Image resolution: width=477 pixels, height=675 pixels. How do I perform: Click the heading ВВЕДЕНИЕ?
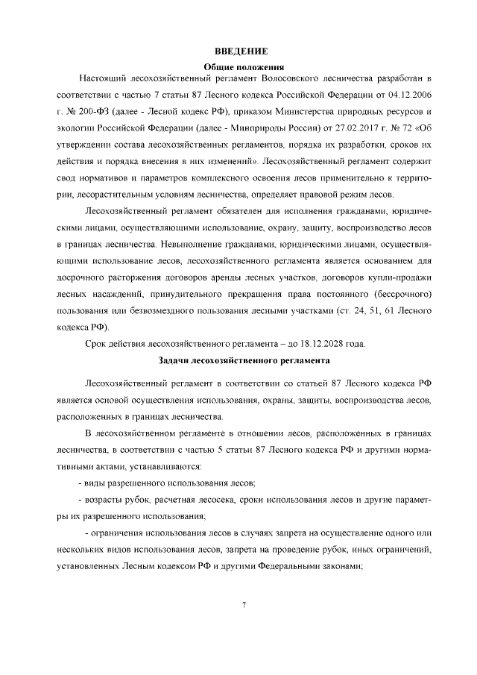(241, 51)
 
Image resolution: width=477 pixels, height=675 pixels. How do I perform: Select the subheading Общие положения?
(241, 67)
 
